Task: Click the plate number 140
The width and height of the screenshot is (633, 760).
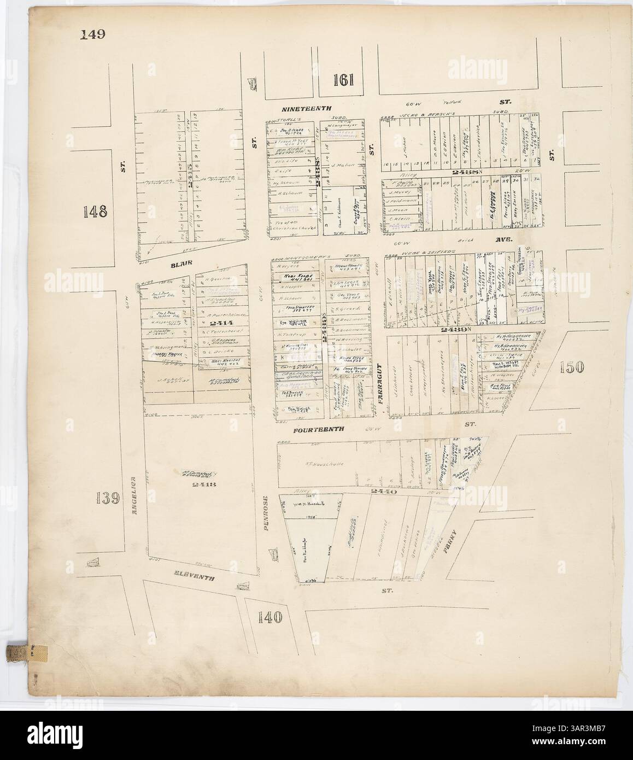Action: click(268, 618)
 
